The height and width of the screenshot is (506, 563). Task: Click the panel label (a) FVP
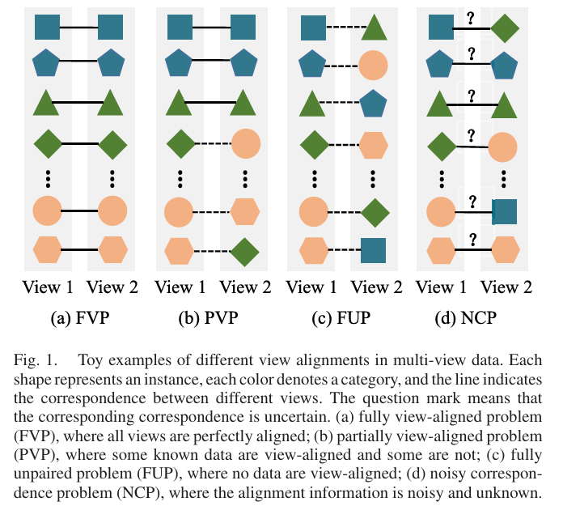click(81, 318)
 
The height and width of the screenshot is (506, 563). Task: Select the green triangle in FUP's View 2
click(374, 28)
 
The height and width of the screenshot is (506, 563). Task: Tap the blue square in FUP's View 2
click(375, 251)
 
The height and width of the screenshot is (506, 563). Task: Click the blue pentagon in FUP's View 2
click(375, 103)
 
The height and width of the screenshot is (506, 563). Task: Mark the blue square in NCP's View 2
click(504, 213)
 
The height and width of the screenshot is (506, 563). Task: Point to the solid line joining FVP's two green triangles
click(81, 103)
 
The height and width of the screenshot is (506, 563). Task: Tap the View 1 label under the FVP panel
click(49, 287)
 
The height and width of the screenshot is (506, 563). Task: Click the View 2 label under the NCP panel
click(506, 287)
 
